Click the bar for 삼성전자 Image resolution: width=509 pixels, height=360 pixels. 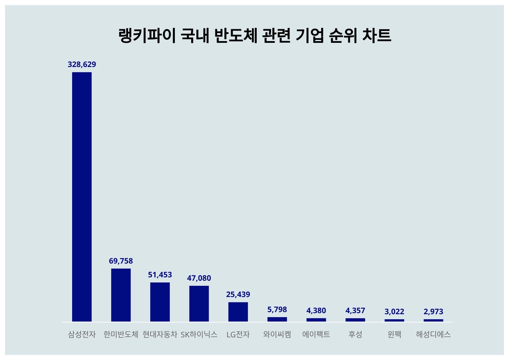pos(82,197)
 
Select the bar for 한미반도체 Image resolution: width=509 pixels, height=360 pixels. pos(121,295)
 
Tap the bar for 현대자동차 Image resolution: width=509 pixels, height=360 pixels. pos(160,301)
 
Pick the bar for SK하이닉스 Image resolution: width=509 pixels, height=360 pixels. pos(199,303)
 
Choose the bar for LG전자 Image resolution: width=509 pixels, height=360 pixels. pos(238,312)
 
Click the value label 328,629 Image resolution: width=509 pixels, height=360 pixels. pos(82,64)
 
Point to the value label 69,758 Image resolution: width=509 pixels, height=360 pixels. pos(121,261)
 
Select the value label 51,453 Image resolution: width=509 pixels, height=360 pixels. pos(160,275)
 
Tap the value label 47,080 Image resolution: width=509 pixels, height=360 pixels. pos(199,278)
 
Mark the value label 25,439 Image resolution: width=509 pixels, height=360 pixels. pos(238,294)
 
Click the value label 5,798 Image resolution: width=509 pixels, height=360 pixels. pos(277,310)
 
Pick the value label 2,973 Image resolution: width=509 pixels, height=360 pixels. pos(433,312)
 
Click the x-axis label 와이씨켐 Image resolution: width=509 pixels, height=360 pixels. pos(277,334)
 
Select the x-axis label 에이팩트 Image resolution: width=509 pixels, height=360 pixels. pos(316,334)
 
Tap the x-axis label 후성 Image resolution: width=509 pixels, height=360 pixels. pos(355,334)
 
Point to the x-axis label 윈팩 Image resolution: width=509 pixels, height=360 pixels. pos(394,334)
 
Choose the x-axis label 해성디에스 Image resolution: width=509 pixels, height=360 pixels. pos(433,334)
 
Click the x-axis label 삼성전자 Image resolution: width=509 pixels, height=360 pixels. pos(82,334)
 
